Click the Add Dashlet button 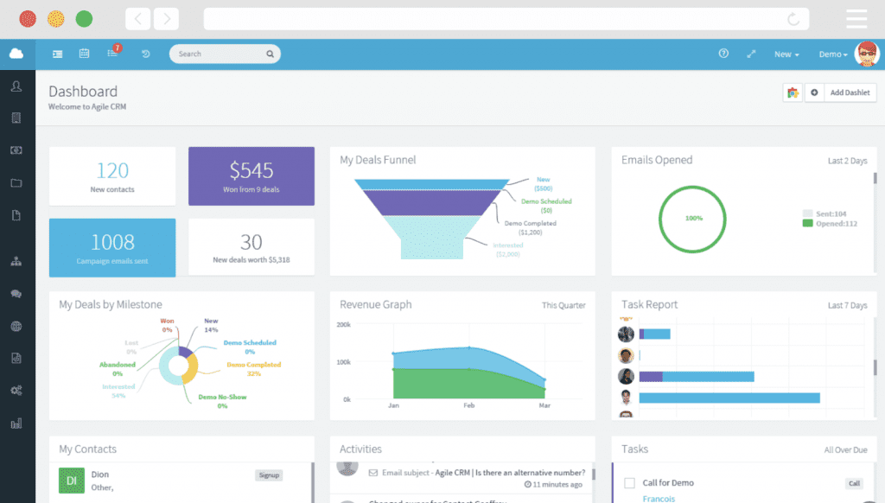point(849,92)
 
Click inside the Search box point(220,54)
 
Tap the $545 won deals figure point(251,170)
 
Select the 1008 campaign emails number point(112,242)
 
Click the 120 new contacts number point(112,170)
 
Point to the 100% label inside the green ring point(694,219)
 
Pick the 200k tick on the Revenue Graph point(343,325)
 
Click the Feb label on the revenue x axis point(468,405)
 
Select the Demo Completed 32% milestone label point(253,369)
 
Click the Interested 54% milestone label point(118,391)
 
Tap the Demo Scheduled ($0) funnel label point(546,206)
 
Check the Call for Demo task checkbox point(629,483)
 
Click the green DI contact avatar point(71,480)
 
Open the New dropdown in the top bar point(786,54)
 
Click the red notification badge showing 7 point(117,48)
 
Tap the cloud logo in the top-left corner point(16,54)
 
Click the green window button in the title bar point(84,18)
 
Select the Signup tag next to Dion point(269,475)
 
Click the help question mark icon point(723,54)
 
